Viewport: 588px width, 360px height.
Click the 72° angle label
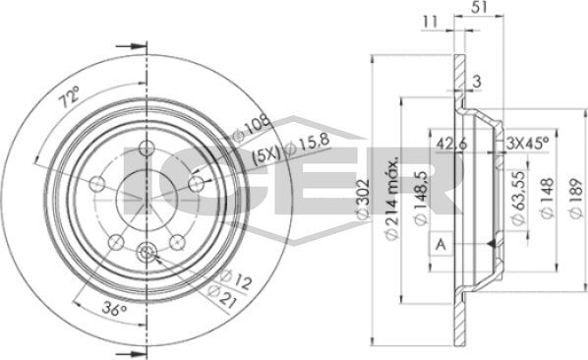(70, 96)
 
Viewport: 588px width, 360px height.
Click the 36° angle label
(114, 310)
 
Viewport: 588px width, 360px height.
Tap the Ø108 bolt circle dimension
(252, 128)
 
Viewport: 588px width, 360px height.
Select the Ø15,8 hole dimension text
(308, 145)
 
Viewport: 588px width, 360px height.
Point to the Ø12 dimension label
(235, 279)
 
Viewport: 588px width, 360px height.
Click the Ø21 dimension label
(222, 296)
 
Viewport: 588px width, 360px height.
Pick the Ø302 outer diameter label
(363, 199)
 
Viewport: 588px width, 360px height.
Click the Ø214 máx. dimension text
(392, 199)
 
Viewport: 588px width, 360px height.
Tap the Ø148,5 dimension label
(420, 198)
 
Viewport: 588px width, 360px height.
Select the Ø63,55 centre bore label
(518, 198)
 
